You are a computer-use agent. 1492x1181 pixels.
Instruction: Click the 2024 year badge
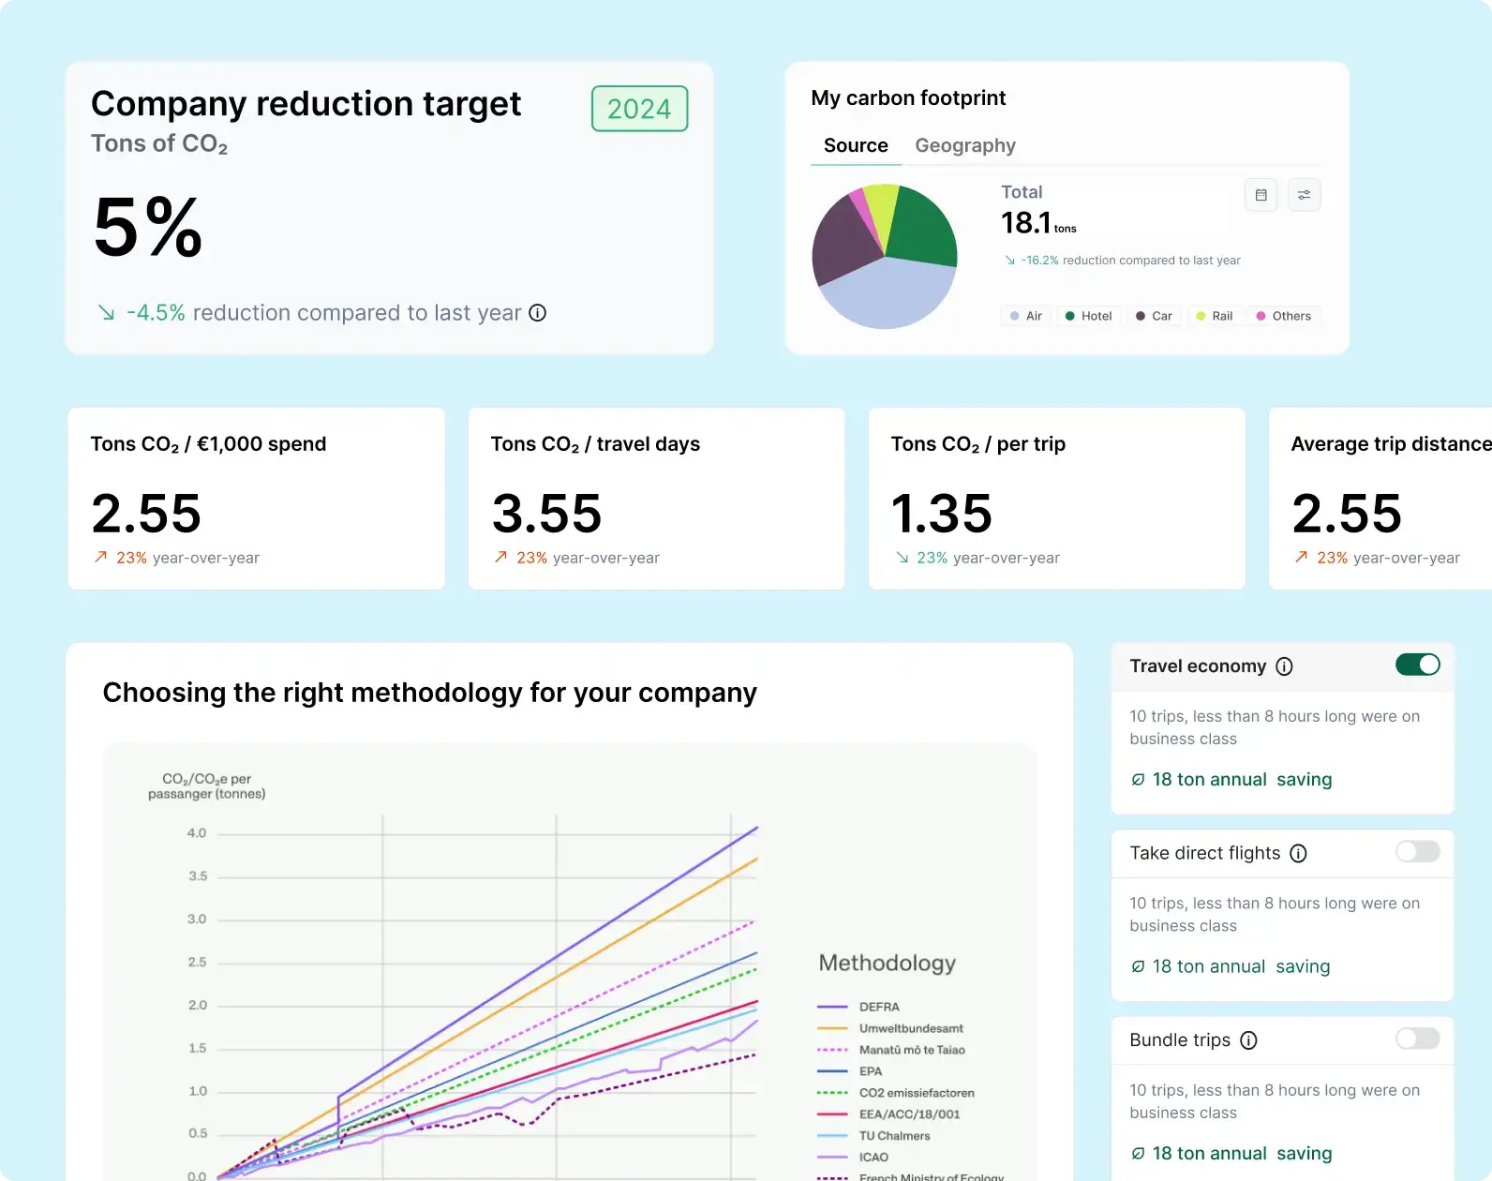point(639,109)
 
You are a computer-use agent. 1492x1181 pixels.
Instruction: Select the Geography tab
point(964,145)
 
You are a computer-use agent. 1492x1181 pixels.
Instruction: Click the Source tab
point(855,145)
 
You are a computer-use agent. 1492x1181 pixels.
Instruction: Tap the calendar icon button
point(1261,195)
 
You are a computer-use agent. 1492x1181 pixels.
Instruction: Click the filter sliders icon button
point(1304,195)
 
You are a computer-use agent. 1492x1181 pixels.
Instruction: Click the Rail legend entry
point(1215,316)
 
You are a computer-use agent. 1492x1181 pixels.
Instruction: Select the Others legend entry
point(1283,316)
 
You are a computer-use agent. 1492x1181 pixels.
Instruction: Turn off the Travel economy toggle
point(1417,665)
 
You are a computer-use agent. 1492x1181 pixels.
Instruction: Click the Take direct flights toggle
point(1417,851)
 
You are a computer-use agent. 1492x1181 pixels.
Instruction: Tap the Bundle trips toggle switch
point(1417,1039)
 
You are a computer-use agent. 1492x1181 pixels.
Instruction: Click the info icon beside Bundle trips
point(1248,1040)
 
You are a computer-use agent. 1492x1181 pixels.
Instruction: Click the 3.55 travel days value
point(546,513)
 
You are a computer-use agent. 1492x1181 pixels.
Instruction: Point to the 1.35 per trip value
point(941,513)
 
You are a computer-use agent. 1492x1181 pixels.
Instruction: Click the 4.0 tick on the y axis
point(197,833)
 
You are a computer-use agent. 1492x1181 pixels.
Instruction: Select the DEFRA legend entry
point(878,1007)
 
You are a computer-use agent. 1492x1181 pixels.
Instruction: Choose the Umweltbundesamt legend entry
point(910,1028)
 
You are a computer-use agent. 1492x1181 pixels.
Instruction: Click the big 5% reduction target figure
point(148,228)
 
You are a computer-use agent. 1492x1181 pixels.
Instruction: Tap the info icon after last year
point(537,313)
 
